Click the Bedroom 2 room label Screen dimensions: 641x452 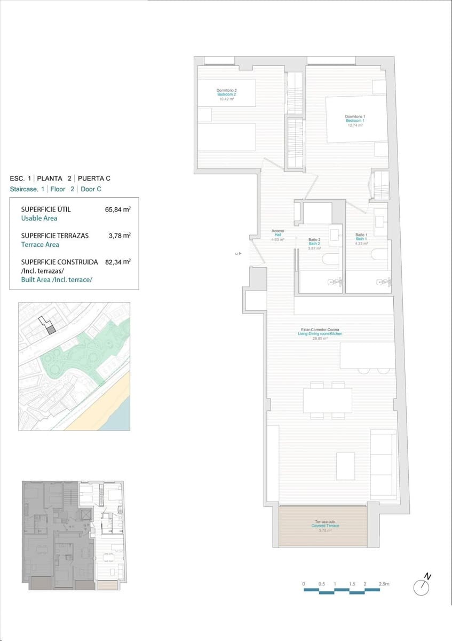tap(227, 95)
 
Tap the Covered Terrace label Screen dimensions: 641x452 tap(325, 526)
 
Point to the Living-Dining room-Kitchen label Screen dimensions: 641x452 tap(320, 334)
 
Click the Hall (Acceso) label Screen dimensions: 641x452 tap(277, 235)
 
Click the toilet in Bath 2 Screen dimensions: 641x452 tap(331, 260)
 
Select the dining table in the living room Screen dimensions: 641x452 tap(327, 400)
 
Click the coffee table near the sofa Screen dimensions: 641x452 tap(345, 466)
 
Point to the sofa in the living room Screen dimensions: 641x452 tap(383, 464)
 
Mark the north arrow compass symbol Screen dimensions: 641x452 tap(422, 587)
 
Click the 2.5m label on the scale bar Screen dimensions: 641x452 tap(384, 584)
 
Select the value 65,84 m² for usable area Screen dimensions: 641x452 tap(118, 209)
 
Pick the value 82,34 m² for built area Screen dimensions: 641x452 tap(118, 262)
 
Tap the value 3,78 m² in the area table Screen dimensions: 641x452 tap(121, 236)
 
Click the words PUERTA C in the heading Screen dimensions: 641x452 tap(94, 178)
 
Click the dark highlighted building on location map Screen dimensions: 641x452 tap(51, 330)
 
